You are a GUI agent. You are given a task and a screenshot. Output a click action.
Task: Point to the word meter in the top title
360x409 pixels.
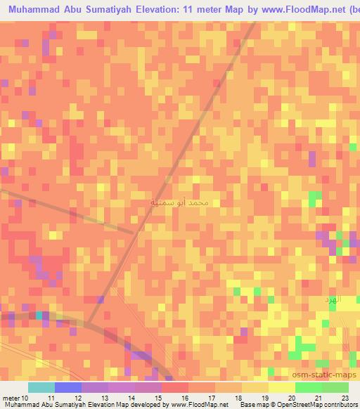pyautogui.click(x=233, y=10)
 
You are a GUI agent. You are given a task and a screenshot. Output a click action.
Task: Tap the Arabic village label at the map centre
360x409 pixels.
pyautogui.click(x=180, y=202)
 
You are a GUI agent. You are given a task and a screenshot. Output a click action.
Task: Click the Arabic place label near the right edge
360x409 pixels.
pyautogui.click(x=330, y=299)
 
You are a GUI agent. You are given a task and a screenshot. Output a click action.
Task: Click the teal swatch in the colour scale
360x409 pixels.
pyautogui.click(x=41, y=387)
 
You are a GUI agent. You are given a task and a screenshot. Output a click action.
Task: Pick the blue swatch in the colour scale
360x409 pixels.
pyautogui.click(x=68, y=387)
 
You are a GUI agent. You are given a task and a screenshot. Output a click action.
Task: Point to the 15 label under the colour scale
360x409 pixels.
pyautogui.click(x=157, y=397)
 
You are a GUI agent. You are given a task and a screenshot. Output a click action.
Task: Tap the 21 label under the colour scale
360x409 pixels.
pyautogui.click(x=318, y=397)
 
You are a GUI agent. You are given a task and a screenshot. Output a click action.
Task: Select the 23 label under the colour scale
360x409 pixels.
pyautogui.click(x=345, y=397)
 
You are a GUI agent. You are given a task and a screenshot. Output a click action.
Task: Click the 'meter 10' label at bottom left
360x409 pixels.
pyautogui.click(x=15, y=397)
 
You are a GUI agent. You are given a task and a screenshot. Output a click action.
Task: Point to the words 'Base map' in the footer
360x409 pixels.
pyautogui.click(x=252, y=405)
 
